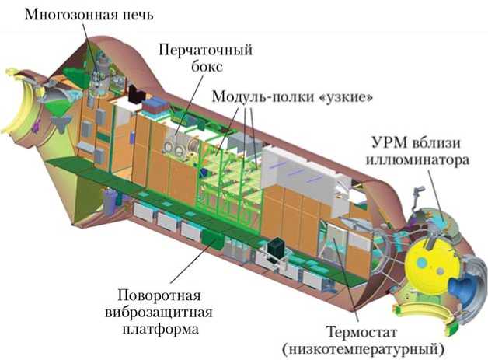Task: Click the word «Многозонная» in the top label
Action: [63, 14]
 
